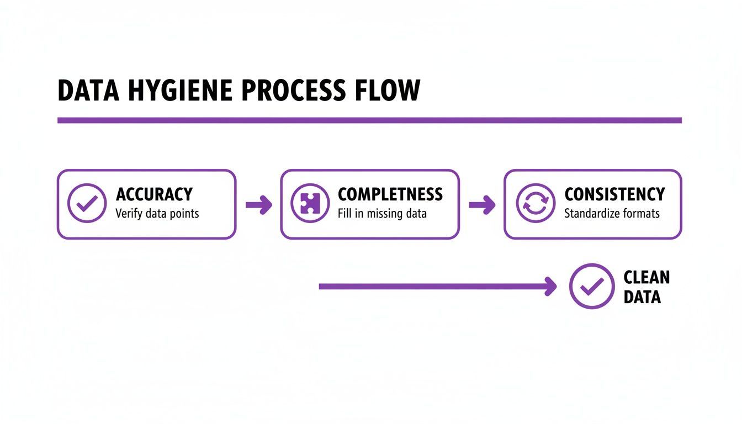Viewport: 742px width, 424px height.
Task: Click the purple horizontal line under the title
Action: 369,120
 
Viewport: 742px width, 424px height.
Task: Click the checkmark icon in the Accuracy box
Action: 87,204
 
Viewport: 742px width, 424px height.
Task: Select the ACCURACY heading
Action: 154,194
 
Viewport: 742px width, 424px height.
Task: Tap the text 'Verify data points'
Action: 157,214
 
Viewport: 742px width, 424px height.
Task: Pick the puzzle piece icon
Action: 310,204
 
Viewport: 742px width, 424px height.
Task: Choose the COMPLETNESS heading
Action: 390,194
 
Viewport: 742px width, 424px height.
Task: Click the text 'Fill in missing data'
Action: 382,214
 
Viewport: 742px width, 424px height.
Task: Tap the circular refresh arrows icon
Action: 535,204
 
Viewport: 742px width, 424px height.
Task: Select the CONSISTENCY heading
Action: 614,194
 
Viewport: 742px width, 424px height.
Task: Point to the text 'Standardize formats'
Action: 612,214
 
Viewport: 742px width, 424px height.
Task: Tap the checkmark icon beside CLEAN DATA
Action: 591,286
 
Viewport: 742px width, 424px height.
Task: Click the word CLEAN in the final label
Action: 646,277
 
